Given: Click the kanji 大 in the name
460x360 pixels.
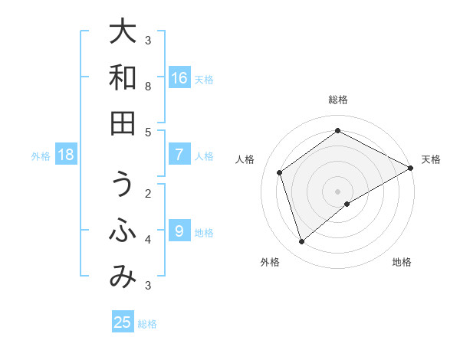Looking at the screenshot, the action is (x=123, y=31).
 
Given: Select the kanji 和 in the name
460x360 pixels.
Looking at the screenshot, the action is (x=123, y=77).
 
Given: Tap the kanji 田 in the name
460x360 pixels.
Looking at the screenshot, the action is (x=123, y=123).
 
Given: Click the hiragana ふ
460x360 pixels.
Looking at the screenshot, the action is (x=123, y=232).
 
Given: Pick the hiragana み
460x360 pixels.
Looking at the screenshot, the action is (x=123, y=278).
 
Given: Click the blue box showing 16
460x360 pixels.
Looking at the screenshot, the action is (x=179, y=78).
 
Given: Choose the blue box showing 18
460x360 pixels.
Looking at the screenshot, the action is (x=66, y=155).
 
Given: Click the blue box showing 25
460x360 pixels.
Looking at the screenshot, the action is (x=123, y=322).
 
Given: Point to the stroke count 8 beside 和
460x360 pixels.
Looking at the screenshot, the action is (x=148, y=87).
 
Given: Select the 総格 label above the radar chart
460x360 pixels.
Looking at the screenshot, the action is (x=338, y=100).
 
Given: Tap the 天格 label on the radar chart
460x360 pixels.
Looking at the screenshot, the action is (x=432, y=159).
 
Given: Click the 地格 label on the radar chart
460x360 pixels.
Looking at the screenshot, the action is (x=402, y=262).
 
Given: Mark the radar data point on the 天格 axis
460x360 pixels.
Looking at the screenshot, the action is (x=411, y=168).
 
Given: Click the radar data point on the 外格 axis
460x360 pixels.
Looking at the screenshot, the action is (x=302, y=242).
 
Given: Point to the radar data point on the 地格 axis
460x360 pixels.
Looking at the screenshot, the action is (x=347, y=204).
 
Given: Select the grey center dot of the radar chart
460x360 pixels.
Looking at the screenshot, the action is (x=338, y=191).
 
